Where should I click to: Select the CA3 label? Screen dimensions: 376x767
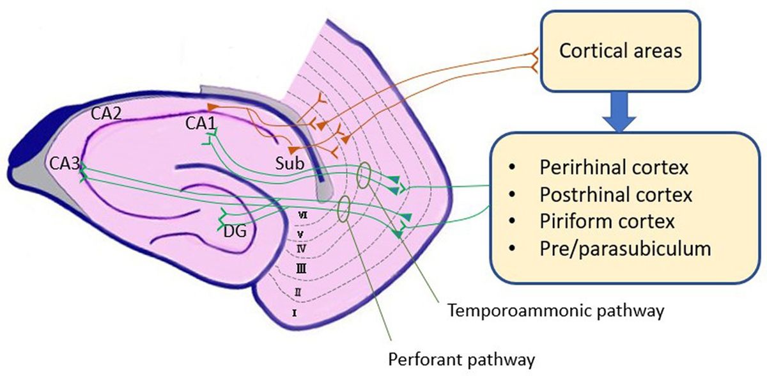tap(64, 165)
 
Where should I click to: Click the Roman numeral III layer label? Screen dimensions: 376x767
tap(300, 270)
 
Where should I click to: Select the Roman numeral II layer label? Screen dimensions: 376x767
tap(297, 292)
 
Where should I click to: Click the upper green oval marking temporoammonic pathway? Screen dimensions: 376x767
tap(364, 176)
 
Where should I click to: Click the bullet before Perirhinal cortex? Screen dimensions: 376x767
tap(512, 168)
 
